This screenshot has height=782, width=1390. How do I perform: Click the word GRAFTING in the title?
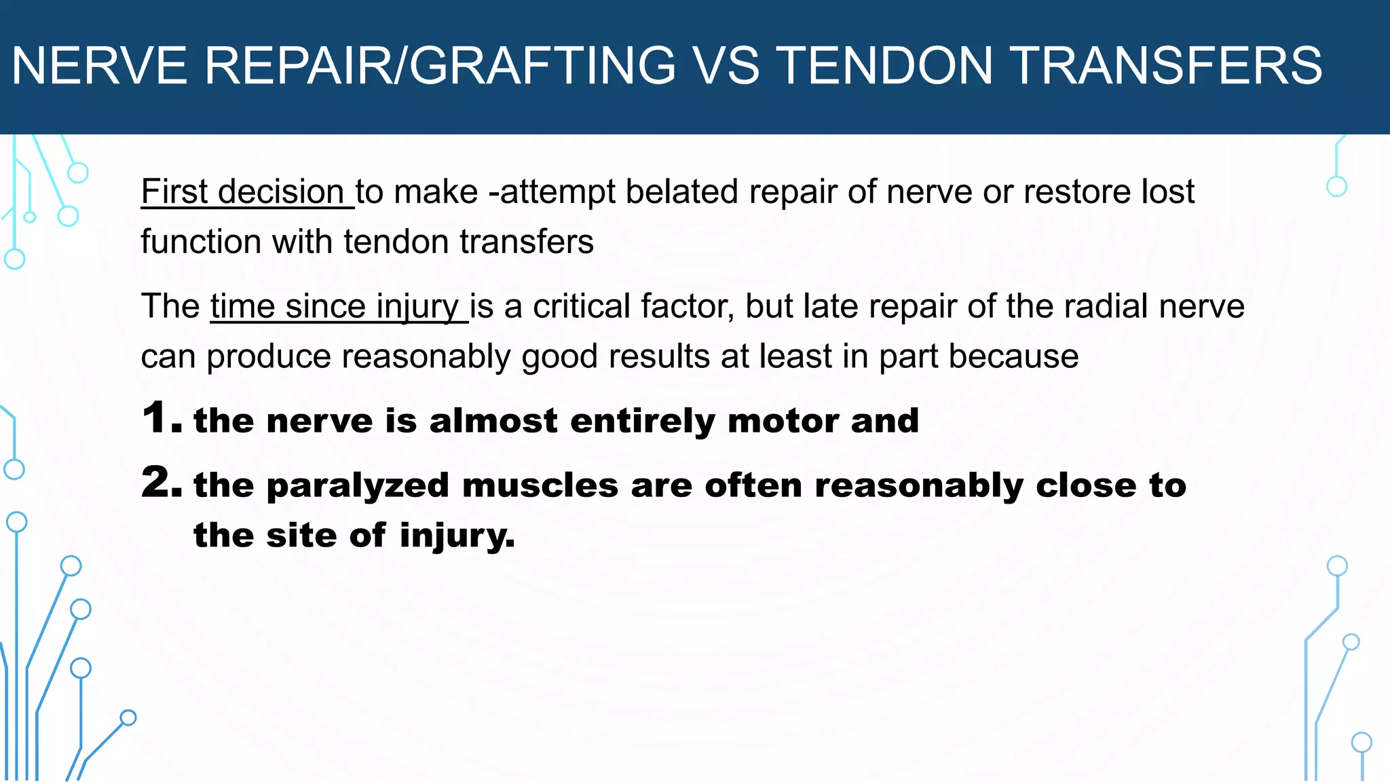click(x=542, y=66)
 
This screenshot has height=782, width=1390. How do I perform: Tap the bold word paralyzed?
click(x=358, y=486)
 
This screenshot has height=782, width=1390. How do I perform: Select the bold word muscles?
click(x=540, y=486)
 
